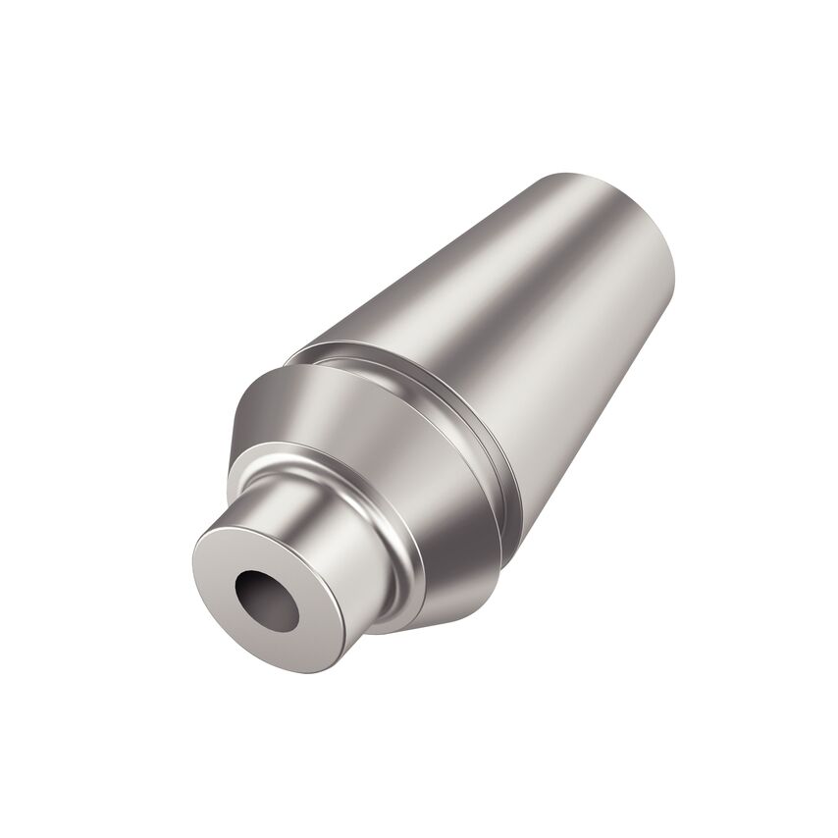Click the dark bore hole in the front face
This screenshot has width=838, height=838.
point(265,599)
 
